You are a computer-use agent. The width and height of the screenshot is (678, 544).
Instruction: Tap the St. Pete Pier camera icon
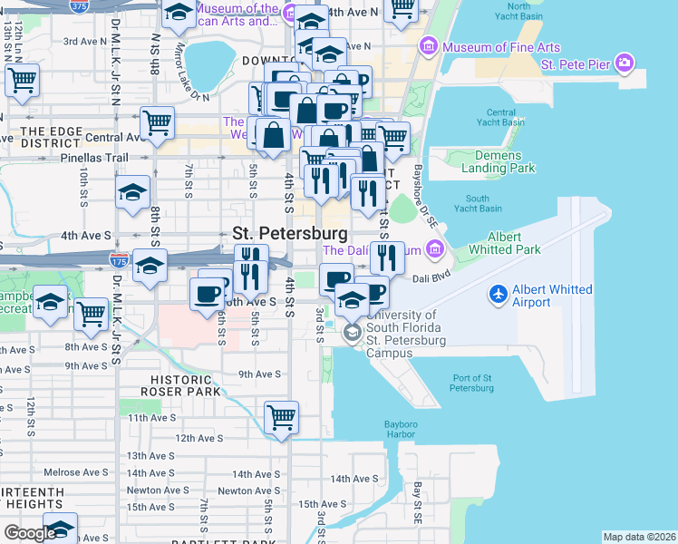[623, 63]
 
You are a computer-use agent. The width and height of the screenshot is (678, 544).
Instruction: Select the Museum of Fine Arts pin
[428, 46]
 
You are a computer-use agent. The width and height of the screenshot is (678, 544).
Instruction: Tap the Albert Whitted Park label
[505, 243]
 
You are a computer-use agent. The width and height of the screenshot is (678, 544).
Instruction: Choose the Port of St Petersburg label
[471, 383]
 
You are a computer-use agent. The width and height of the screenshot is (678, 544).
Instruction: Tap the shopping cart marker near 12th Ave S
[282, 418]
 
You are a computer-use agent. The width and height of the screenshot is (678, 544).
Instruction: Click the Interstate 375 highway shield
[81, 6]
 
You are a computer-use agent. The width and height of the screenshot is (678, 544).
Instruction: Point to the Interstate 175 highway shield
[118, 259]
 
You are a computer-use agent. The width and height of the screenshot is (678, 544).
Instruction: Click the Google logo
[29, 532]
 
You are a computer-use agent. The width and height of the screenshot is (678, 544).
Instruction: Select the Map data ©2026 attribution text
[639, 537]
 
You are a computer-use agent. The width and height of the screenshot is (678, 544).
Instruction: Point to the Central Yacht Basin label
[500, 117]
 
